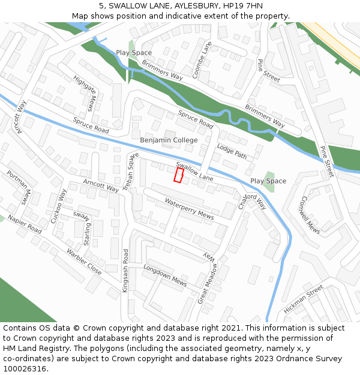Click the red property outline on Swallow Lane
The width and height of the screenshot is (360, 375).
point(178,175)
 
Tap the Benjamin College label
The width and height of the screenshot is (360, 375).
point(169,140)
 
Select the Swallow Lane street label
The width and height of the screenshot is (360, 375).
point(195,172)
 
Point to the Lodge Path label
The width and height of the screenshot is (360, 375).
point(232,152)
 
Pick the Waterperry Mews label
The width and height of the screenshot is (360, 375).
point(189,208)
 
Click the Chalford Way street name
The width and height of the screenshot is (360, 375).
point(252,201)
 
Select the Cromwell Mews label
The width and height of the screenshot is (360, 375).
point(311,214)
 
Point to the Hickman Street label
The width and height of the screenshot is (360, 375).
point(304,299)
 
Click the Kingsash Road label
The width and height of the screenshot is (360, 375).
point(125,271)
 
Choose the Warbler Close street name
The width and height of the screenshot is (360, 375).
point(84,262)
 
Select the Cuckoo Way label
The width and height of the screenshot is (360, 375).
point(59,206)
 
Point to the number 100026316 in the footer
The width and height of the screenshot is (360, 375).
point(25,368)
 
